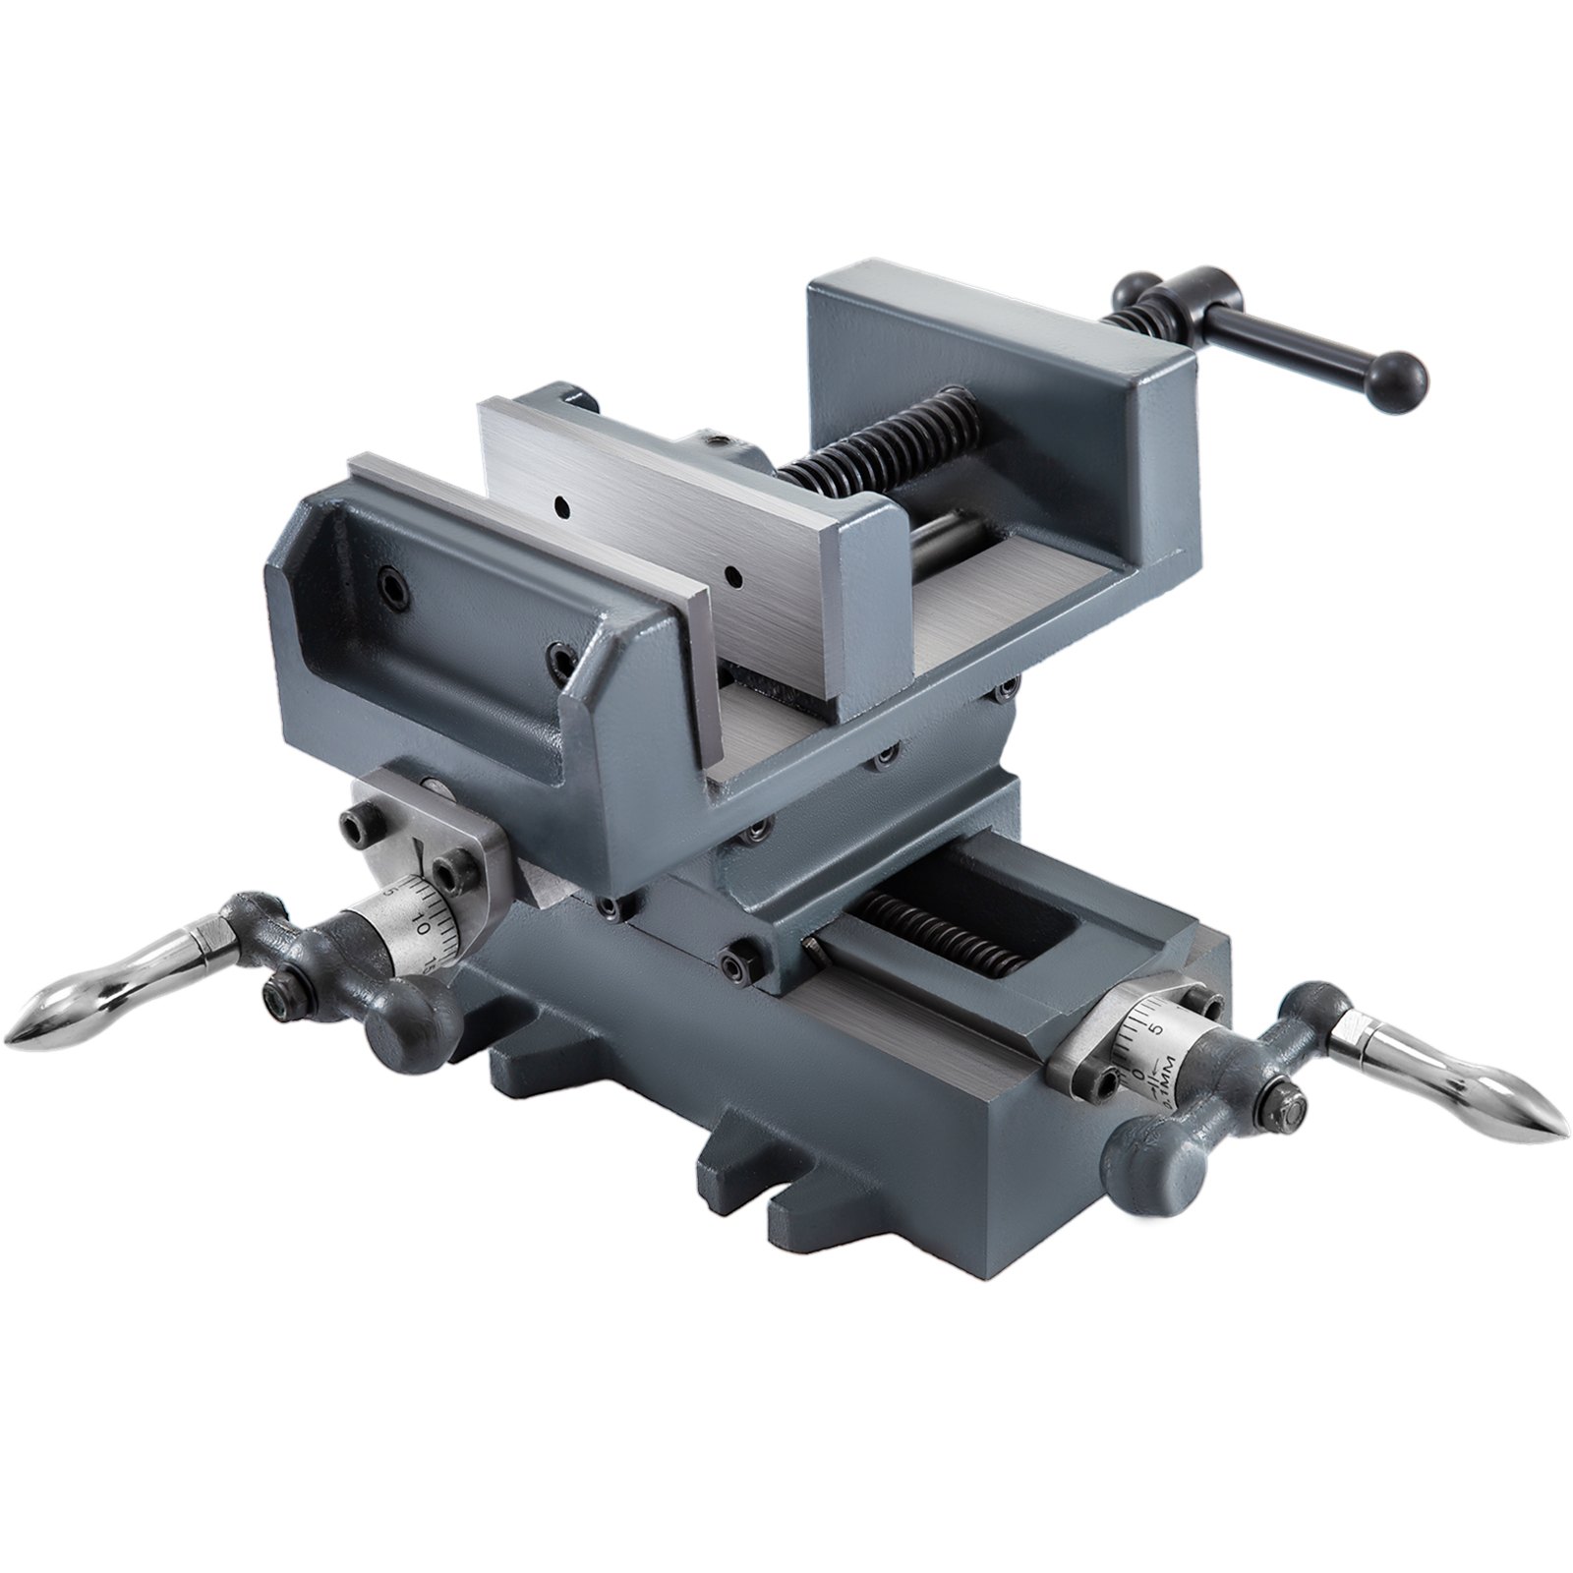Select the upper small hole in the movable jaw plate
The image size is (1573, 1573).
pyautogui.click(x=560, y=506)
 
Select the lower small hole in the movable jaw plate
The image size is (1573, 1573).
pyautogui.click(x=732, y=569)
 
